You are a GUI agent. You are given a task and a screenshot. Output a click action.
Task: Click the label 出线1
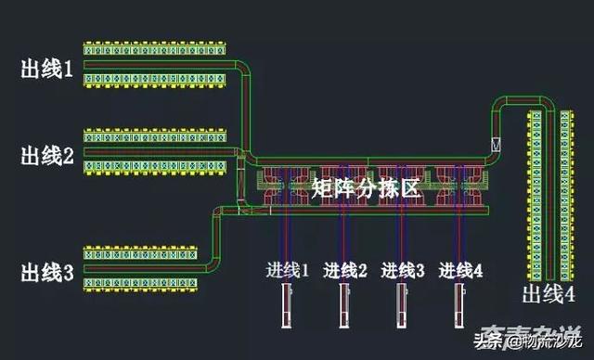point(46,69)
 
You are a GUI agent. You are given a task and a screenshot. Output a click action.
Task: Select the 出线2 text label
point(46,156)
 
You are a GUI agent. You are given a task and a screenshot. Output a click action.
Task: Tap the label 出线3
point(46,273)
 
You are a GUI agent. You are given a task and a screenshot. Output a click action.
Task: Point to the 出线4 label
point(548,295)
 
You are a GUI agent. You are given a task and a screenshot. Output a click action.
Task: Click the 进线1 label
point(288,271)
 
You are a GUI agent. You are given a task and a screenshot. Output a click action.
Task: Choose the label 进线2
point(345,271)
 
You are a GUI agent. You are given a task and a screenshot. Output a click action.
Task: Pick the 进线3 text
point(403,271)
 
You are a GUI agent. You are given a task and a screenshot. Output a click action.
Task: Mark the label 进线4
point(461,271)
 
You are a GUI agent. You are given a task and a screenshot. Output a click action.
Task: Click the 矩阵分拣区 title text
point(367,187)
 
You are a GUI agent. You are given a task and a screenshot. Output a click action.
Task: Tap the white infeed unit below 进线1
point(286,307)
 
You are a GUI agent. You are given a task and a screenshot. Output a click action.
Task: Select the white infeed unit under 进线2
point(343,307)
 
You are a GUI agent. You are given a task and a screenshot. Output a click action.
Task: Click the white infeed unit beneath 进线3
point(402,307)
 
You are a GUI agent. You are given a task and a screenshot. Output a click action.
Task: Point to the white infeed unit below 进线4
point(459,307)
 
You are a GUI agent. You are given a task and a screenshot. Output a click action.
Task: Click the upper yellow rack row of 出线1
point(155,47)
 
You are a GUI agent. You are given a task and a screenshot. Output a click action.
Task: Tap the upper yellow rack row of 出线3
point(142,252)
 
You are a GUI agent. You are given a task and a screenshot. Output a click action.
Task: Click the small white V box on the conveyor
point(497,145)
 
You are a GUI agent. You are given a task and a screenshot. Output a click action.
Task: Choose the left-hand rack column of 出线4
point(536,195)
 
